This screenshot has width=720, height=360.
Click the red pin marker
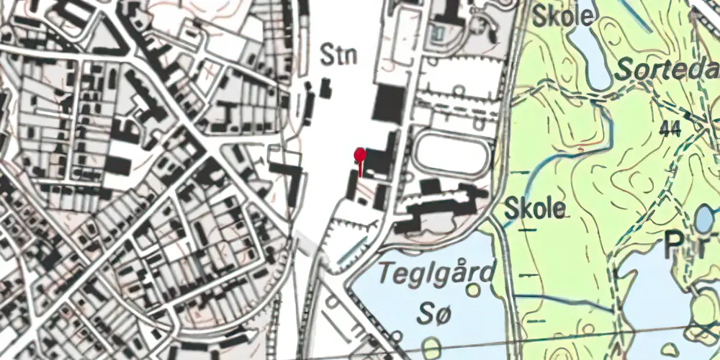point(360,155)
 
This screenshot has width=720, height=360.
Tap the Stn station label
point(339,55)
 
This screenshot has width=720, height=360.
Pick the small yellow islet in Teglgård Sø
point(473,290)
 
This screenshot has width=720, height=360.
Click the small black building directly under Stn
point(325,89)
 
